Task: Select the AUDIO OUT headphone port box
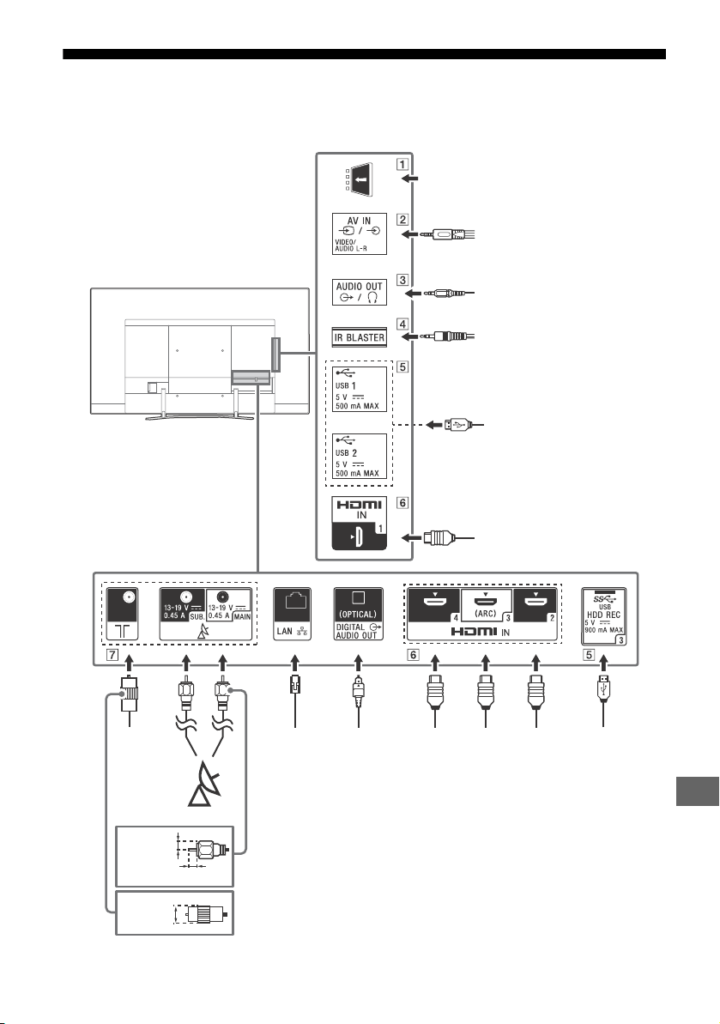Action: point(359,292)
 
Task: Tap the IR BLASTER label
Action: point(359,337)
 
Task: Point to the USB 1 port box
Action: point(359,389)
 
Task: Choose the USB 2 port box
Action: point(359,456)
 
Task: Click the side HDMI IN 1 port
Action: point(359,523)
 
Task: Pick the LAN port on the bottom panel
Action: point(293,614)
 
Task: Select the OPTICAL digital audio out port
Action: point(358,614)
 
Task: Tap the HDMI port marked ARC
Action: point(487,605)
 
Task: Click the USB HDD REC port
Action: point(604,616)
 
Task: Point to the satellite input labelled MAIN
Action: point(228,605)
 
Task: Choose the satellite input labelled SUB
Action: point(184,605)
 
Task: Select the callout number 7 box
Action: point(113,654)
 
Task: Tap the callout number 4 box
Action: point(402,324)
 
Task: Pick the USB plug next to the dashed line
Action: point(455,425)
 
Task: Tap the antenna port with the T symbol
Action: point(122,614)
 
